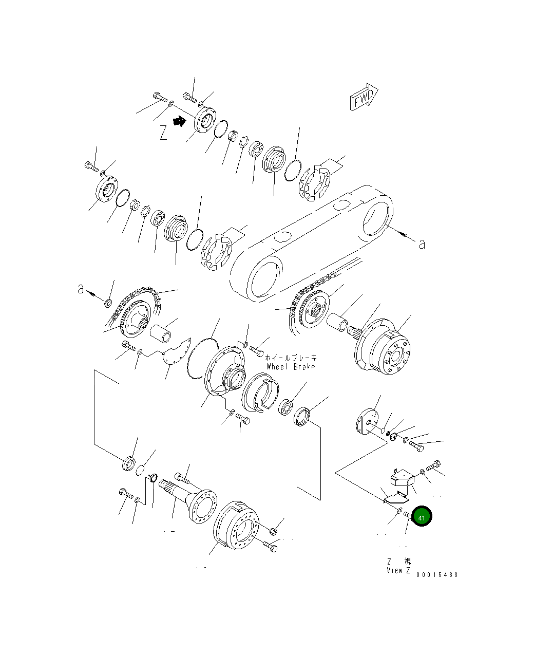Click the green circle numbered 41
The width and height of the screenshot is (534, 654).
(422, 517)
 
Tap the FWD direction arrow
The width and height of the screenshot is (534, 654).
(364, 97)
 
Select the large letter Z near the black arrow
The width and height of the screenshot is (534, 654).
(163, 133)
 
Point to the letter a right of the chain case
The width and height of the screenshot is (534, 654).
(422, 244)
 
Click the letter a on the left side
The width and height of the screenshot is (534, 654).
(81, 289)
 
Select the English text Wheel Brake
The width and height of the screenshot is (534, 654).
(291, 367)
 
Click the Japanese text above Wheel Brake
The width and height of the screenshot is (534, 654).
(291, 358)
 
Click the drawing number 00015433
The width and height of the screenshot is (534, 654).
(437, 574)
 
